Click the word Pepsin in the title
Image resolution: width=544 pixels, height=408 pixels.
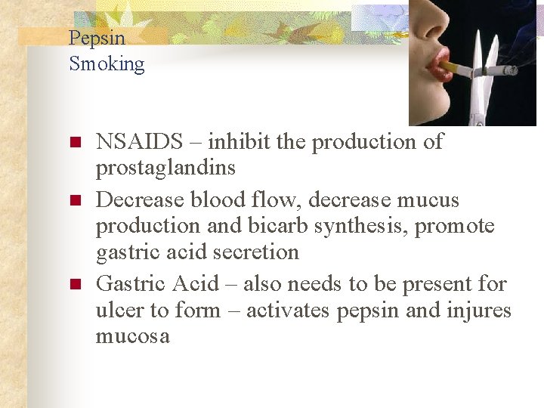coord(97,38)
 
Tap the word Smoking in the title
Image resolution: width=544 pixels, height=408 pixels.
coord(107,63)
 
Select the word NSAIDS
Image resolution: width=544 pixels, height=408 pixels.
coord(140,142)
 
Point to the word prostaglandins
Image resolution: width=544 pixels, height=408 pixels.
coord(165,168)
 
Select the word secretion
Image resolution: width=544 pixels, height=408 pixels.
coord(260,252)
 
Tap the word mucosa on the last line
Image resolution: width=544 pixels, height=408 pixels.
coord(132,336)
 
